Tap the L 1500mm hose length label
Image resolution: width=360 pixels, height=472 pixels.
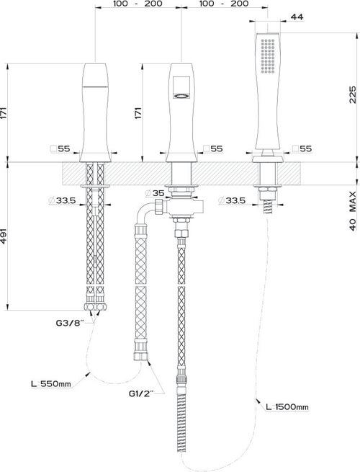point(287,407)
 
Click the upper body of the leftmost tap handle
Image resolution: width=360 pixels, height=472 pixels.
point(96,76)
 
